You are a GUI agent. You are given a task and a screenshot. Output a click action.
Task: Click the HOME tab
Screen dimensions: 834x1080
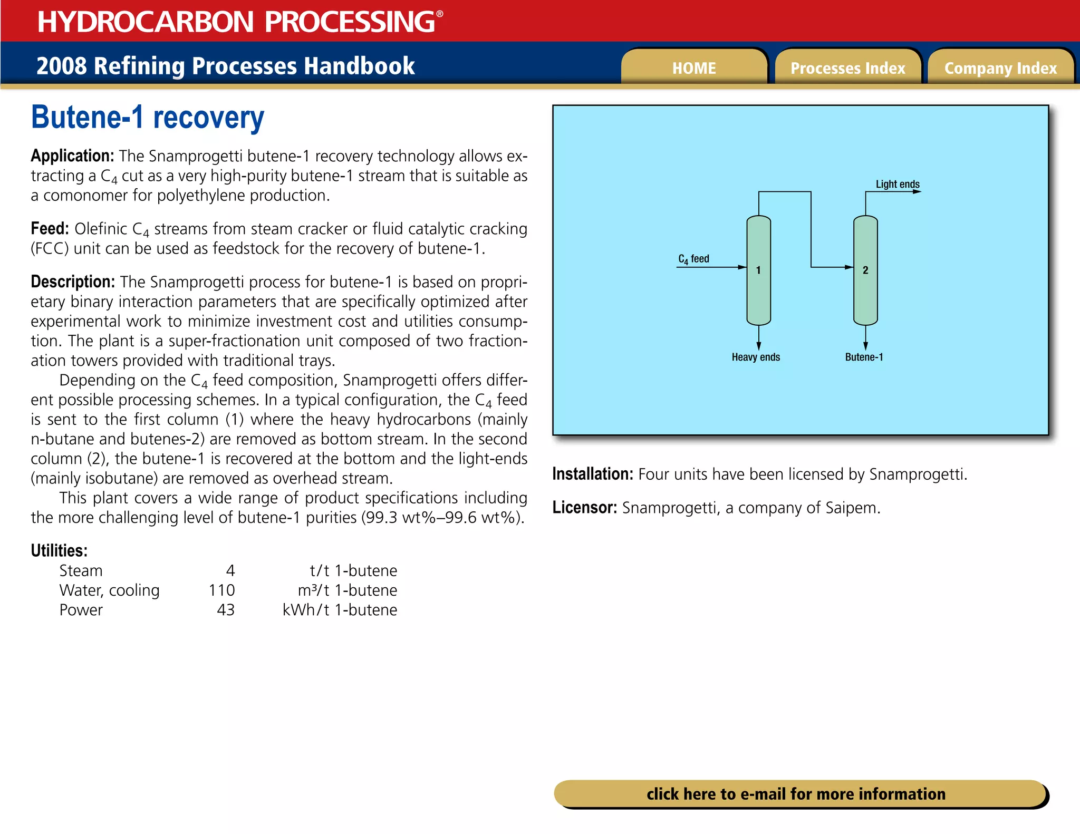(x=694, y=68)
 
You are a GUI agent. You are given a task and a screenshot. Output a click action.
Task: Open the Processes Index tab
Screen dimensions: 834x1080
(x=847, y=68)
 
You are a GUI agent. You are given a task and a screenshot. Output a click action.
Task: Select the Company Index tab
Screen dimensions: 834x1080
(x=1000, y=68)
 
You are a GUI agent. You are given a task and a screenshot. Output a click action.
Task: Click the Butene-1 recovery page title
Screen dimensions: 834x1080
(x=148, y=118)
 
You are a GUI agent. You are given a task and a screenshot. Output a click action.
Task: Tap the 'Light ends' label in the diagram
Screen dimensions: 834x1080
(x=898, y=184)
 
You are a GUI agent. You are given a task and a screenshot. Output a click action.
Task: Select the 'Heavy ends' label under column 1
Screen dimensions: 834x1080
(x=756, y=357)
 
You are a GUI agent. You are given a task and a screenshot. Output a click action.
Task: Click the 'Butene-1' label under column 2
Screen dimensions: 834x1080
(x=864, y=357)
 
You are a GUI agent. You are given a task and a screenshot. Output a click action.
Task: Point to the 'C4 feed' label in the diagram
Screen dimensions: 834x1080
(x=693, y=259)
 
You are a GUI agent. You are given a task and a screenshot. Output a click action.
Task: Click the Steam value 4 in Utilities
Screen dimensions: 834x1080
(x=230, y=570)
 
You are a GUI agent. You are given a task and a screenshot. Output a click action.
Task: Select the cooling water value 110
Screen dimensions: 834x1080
(x=221, y=590)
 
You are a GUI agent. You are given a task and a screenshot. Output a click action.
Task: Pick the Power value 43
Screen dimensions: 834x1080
(x=226, y=609)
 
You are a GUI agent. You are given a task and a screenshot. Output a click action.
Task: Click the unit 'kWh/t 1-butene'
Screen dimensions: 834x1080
(x=340, y=609)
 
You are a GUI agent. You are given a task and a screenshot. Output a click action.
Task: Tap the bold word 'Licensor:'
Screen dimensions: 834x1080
(x=584, y=507)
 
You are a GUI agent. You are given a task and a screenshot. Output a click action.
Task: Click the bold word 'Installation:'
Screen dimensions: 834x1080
(x=592, y=474)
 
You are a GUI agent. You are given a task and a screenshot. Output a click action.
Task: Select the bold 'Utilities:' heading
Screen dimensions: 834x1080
(x=59, y=550)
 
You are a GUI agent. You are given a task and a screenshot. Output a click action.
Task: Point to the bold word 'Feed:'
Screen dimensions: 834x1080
(x=50, y=228)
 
